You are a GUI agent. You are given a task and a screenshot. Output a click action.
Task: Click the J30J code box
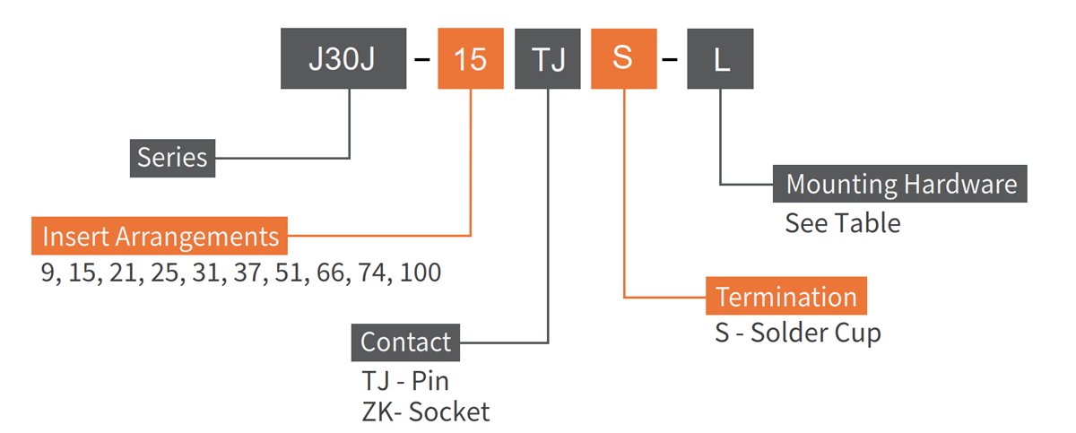click(342, 59)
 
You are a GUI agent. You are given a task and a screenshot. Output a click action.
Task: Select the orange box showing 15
click(470, 59)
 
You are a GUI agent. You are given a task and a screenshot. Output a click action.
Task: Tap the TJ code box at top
click(548, 59)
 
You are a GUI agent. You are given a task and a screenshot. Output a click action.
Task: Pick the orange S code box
click(623, 59)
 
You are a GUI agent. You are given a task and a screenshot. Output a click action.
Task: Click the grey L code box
click(720, 59)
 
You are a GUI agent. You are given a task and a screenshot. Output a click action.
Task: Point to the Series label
click(172, 159)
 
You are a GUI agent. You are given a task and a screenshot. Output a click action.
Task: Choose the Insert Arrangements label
click(161, 237)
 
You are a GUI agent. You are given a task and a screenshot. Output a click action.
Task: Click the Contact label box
click(405, 342)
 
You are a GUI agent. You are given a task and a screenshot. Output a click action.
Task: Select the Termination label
click(786, 296)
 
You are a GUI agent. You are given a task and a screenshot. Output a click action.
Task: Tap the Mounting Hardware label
click(900, 185)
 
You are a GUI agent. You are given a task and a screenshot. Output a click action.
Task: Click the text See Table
click(842, 223)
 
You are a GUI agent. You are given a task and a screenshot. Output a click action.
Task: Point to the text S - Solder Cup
click(797, 333)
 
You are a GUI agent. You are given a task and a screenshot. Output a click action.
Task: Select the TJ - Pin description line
click(404, 380)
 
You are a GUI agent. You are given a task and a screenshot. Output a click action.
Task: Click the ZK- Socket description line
click(425, 411)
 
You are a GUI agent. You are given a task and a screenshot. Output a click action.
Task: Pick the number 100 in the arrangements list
click(420, 273)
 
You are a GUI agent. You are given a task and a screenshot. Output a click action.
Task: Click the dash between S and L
click(670, 59)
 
